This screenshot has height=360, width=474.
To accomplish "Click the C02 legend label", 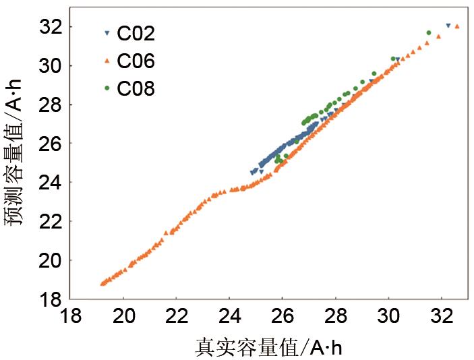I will coord(136,34).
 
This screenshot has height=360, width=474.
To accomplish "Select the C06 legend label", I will coord(136,61).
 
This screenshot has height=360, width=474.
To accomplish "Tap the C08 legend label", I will coord(136,88).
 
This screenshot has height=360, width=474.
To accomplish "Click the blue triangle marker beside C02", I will coord(107,33).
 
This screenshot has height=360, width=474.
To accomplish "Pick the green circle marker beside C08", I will coord(107,88).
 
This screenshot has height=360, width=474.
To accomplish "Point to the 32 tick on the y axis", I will coord(52,27).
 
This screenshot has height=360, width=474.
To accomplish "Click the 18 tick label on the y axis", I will coord(52,299).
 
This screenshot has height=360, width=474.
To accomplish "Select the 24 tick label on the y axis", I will coord(52,183).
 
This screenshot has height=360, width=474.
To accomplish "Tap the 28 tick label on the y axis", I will coord(52,104).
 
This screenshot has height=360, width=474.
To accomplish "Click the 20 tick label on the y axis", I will coord(52,260).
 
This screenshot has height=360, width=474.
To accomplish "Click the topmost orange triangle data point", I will coord(457,27).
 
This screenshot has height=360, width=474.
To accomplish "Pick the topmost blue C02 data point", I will coord(448,26).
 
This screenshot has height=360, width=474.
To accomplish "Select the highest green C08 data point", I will coord(429,32).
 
